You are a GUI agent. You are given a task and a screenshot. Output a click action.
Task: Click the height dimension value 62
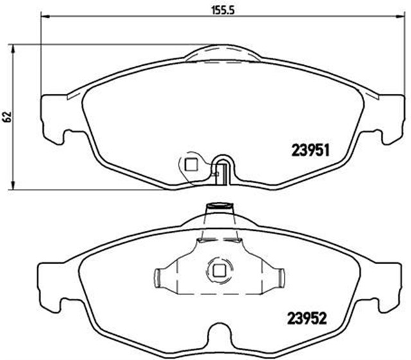click(x=7, y=116)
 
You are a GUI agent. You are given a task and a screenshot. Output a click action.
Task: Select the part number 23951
click(x=311, y=150)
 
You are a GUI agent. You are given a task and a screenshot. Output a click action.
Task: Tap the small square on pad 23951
click(x=190, y=164)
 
